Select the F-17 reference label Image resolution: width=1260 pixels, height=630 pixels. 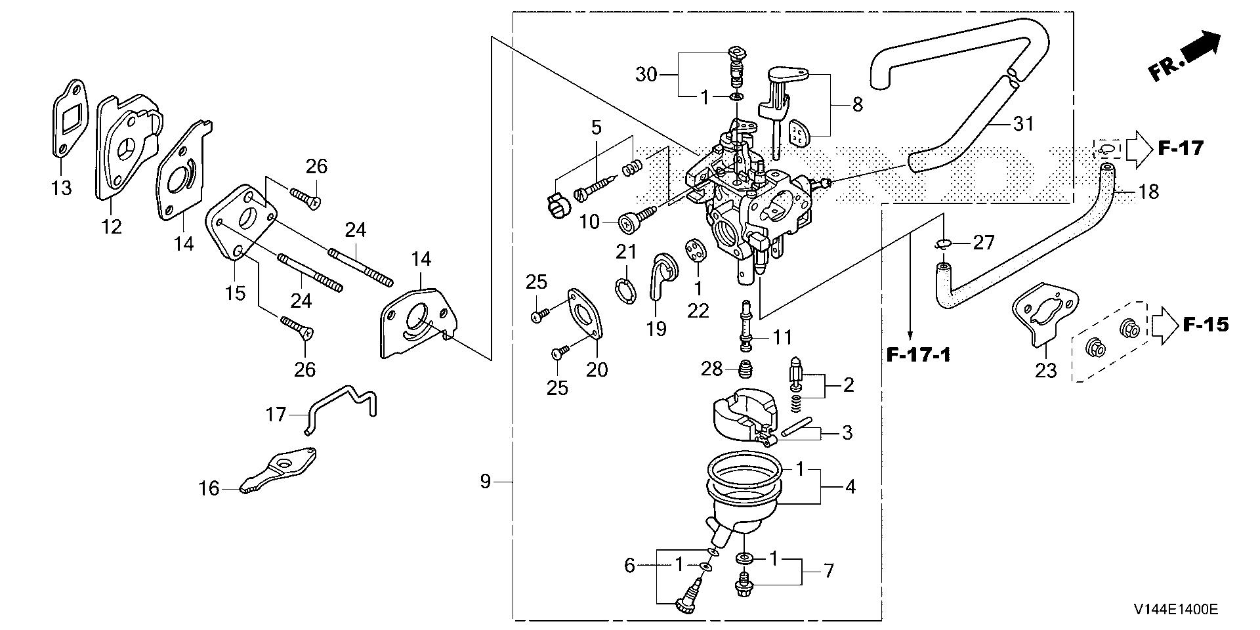(x=1180, y=149)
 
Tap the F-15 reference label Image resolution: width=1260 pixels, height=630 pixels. (x=1206, y=324)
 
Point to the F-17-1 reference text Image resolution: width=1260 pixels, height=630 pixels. (x=917, y=355)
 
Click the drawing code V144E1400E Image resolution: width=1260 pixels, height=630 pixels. (x=1175, y=610)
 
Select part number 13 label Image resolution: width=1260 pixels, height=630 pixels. (x=61, y=188)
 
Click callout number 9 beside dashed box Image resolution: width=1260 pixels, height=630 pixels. (x=485, y=482)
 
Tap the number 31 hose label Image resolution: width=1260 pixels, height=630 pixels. (x=1023, y=123)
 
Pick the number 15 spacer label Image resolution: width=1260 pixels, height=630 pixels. (x=235, y=292)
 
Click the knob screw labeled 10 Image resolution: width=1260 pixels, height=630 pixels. (x=629, y=222)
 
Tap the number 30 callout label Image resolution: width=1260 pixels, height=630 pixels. (x=646, y=75)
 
